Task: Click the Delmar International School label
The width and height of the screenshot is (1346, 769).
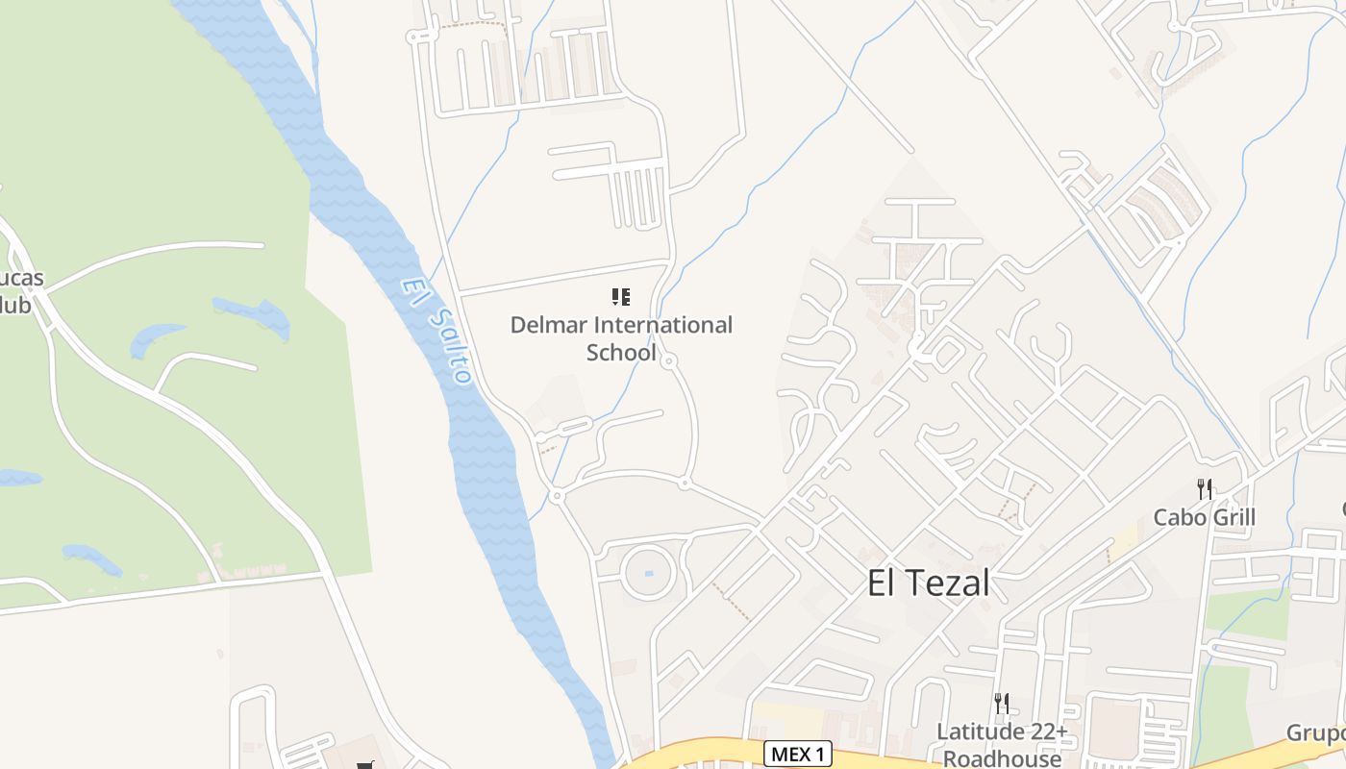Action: tap(621, 338)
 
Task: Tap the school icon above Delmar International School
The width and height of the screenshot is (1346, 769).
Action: tap(621, 297)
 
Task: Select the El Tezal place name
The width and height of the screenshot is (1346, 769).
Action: tap(928, 583)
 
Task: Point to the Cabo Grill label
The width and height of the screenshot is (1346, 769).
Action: tap(1205, 517)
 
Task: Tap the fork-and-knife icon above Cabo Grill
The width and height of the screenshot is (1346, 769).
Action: tap(1205, 488)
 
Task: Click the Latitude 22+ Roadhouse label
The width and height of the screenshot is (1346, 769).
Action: tap(1002, 745)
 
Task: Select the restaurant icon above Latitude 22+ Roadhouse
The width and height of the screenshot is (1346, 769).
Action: tap(1002, 704)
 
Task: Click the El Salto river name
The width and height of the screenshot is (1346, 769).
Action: tap(438, 330)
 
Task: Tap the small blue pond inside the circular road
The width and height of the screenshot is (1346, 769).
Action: tap(648, 574)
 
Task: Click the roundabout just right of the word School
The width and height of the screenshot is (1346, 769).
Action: tap(669, 361)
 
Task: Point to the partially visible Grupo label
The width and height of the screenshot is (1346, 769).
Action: tap(1316, 733)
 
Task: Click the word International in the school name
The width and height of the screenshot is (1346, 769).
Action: tap(662, 325)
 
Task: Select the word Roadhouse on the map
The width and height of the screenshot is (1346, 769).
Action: tap(1002, 758)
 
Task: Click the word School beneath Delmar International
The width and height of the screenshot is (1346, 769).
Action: tap(621, 353)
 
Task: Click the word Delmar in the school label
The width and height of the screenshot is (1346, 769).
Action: tap(545, 325)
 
